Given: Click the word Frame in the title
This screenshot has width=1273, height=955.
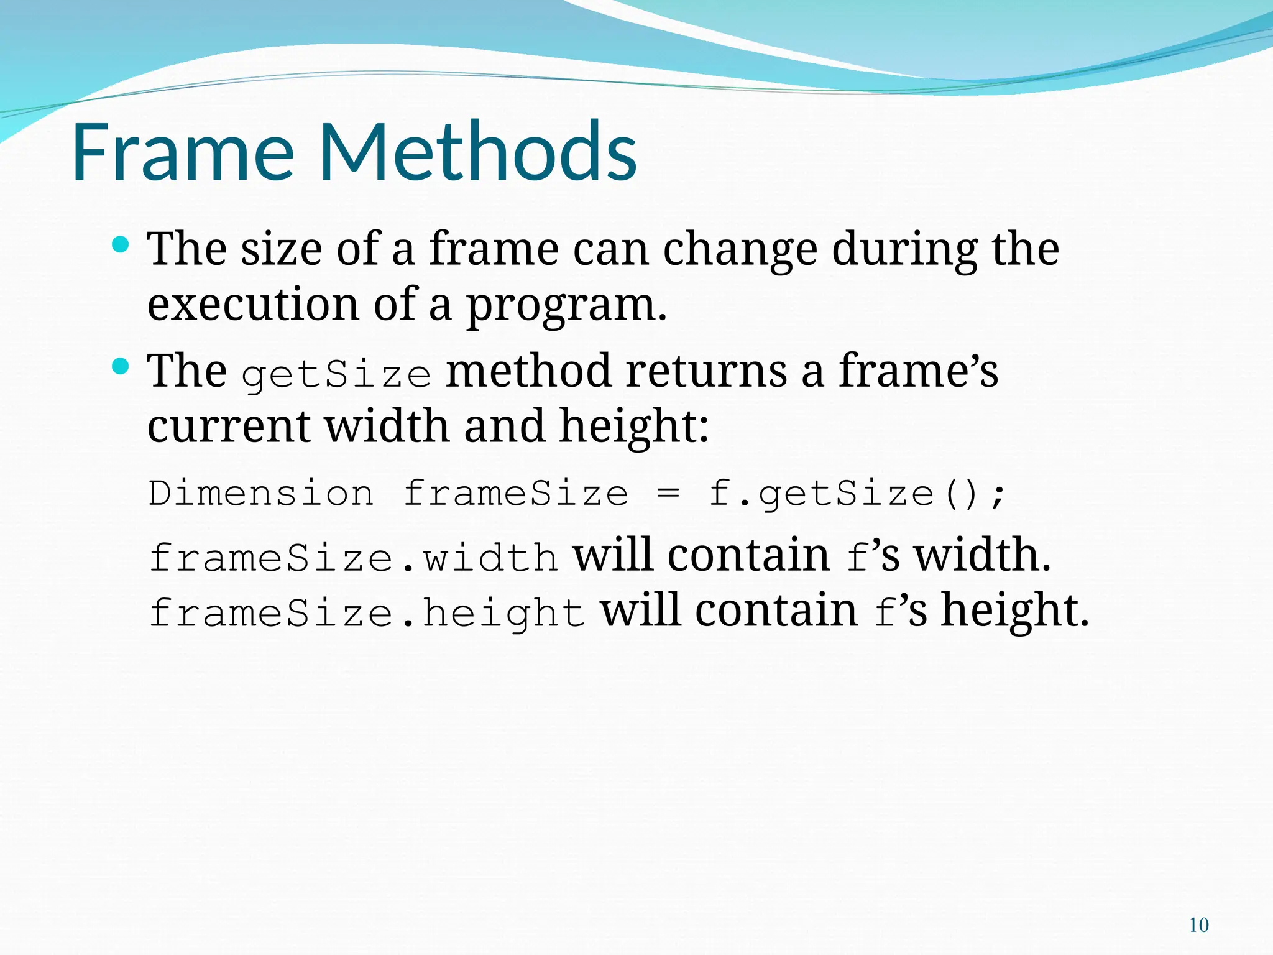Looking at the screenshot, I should pos(183,152).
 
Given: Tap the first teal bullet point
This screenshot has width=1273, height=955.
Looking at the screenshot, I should pos(121,244).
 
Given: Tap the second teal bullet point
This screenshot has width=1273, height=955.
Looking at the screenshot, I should pos(121,366).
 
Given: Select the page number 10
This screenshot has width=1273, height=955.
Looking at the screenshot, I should pos(1198,925).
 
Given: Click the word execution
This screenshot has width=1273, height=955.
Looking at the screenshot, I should pos(253,305).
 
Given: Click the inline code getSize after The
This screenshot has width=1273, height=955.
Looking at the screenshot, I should pos(336,374).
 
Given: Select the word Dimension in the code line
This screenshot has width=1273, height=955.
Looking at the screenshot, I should pos(261,494).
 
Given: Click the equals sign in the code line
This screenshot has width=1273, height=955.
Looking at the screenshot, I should pos(668,494).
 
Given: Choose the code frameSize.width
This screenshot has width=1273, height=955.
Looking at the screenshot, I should pos(353,557).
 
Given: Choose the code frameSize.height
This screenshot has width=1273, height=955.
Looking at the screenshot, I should pos(367,613).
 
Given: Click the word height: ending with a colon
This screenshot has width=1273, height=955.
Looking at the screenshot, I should pos(633,427).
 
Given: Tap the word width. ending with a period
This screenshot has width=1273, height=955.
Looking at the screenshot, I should pos(982,555).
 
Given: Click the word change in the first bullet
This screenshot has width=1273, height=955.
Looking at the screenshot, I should pos(740,250).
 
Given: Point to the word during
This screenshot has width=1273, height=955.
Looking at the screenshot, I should pos(904,250).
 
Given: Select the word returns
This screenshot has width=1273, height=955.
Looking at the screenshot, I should pos(706,371).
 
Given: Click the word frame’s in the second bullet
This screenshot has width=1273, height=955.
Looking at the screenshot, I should pos(918,371).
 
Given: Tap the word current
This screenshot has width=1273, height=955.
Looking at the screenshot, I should pos(229,427).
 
